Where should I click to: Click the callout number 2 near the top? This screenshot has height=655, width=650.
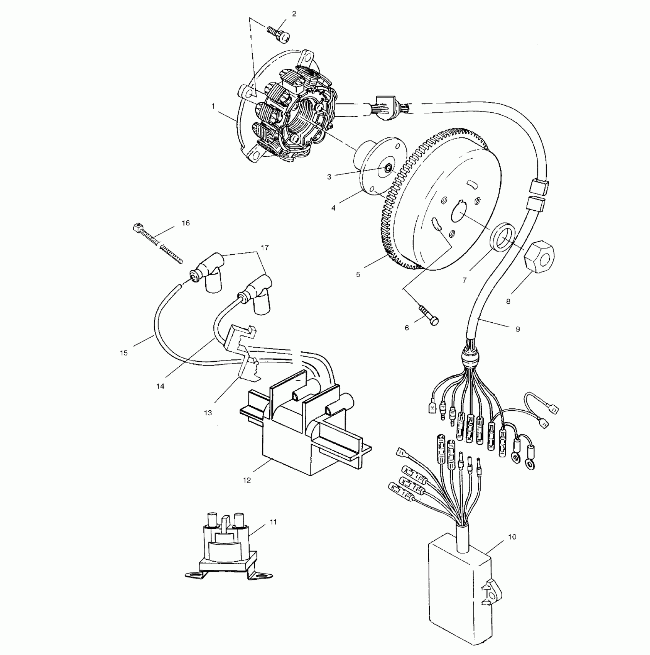[x=294, y=14]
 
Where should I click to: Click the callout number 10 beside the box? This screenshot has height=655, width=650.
[x=512, y=537]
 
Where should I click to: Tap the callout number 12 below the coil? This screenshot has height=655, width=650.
[x=247, y=480]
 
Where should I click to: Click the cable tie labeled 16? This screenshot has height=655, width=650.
[x=158, y=241]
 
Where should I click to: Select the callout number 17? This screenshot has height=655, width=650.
[x=265, y=247]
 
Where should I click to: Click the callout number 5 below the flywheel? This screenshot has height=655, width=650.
[x=358, y=274]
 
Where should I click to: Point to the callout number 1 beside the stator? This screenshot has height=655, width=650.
[x=213, y=107]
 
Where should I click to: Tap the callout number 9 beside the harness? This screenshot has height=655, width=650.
[x=518, y=329]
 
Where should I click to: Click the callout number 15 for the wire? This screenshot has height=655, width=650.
[x=123, y=353]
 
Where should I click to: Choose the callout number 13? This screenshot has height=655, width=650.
[x=208, y=413]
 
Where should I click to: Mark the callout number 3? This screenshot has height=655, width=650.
[x=329, y=177]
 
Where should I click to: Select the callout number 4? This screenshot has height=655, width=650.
[x=333, y=208]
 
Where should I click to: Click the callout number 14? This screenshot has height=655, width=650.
[x=160, y=386]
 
